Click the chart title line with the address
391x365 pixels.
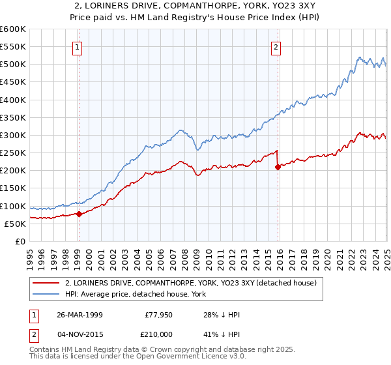[195, 6]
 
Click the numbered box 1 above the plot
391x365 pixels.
[78, 46]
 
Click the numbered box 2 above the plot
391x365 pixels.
[276, 46]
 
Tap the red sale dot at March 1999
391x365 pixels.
[79, 213]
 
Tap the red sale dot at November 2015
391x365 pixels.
[278, 167]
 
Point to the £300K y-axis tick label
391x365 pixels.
[13, 135]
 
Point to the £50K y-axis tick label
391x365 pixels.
[16, 224]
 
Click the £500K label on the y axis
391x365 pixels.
[13, 64]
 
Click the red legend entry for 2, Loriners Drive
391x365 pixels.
[190, 283]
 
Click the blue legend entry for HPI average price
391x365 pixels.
[135, 295]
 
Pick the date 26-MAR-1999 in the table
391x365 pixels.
[80, 315]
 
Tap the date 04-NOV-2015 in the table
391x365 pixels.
[80, 333]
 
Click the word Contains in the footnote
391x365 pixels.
[47, 350]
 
